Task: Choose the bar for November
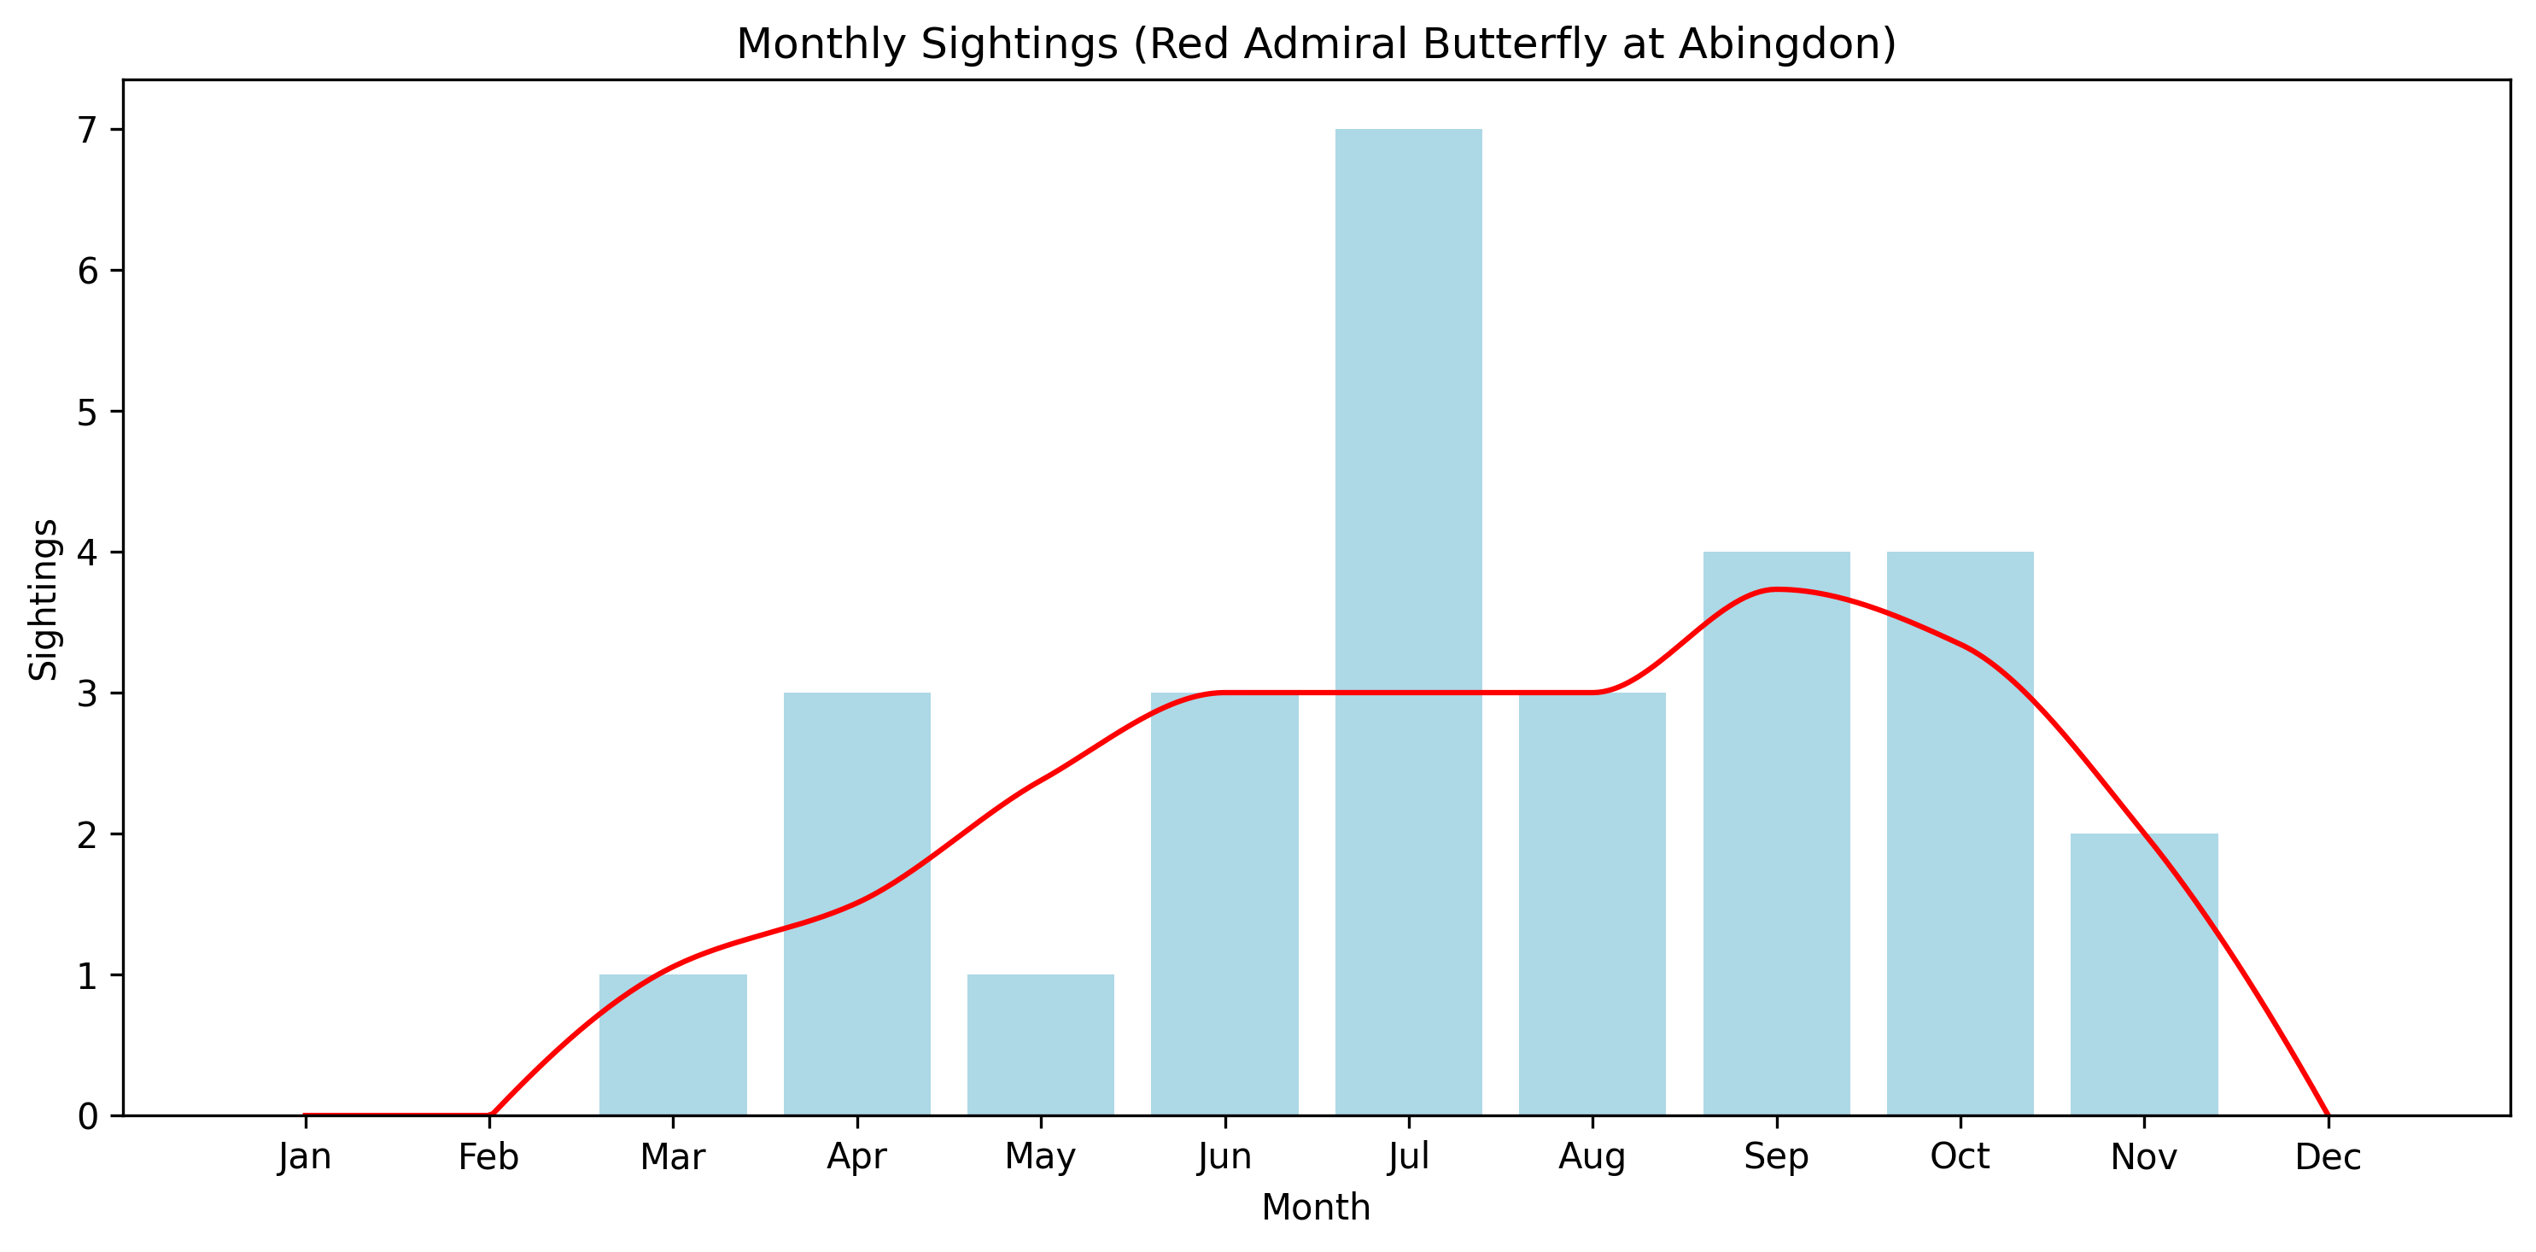point(2144,974)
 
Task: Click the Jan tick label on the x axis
point(305,1156)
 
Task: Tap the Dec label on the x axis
point(2328,1156)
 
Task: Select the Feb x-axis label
point(488,1156)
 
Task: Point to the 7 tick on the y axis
point(89,130)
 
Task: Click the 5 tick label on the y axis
point(89,412)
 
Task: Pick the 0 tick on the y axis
point(89,1116)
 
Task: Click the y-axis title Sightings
point(44,599)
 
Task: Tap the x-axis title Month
point(1315,1207)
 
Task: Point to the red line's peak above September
point(1774,588)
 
